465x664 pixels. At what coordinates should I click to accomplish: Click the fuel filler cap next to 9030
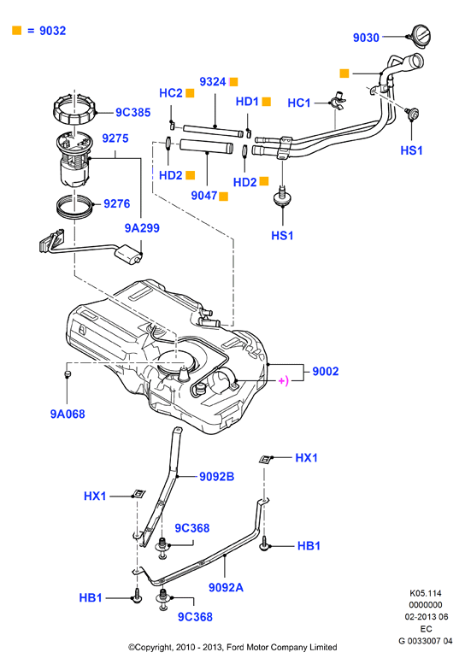click(420, 36)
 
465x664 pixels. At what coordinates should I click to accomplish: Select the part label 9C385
click(133, 112)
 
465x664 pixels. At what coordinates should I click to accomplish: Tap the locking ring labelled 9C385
click(75, 109)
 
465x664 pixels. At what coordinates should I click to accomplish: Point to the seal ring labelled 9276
click(74, 206)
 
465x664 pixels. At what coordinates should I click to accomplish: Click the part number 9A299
click(142, 228)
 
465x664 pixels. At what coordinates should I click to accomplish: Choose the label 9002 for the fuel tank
click(326, 371)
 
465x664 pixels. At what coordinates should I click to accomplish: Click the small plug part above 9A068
click(67, 373)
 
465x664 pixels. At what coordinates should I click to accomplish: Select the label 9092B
click(216, 476)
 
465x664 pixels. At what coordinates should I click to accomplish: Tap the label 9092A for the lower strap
click(226, 587)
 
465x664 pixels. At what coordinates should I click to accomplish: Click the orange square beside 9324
click(233, 82)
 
